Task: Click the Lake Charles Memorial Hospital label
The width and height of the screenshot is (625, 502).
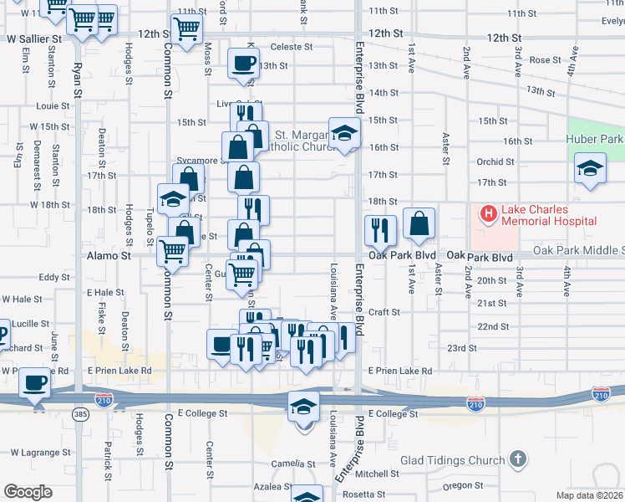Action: click(x=548, y=215)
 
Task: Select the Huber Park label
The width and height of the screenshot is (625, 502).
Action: click(x=595, y=139)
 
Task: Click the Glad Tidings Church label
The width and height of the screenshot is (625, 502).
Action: click(x=453, y=459)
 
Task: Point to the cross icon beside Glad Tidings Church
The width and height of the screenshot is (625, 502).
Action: click(x=518, y=459)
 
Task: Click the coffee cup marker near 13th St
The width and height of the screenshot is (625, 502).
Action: click(x=244, y=64)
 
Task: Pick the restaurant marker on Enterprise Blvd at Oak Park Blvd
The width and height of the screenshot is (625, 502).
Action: click(x=380, y=228)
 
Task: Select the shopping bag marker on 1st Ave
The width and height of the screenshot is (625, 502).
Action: click(x=419, y=223)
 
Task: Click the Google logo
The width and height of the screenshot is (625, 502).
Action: click(x=28, y=492)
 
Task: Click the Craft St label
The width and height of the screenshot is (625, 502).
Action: click(x=384, y=311)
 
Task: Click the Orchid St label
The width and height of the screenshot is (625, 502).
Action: click(x=495, y=161)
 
